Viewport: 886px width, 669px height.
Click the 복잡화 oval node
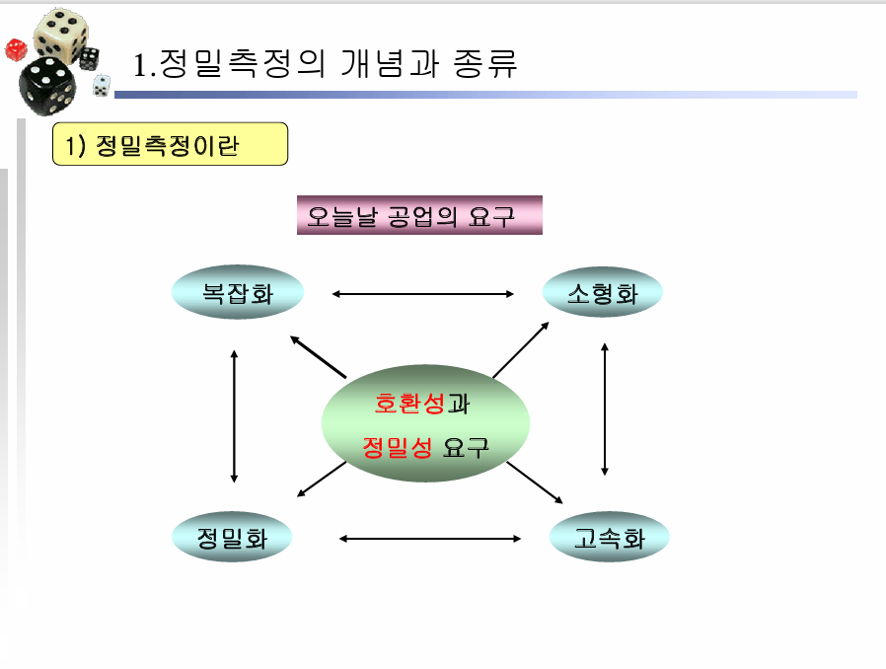tap(237, 293)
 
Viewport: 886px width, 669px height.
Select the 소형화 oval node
tap(602, 293)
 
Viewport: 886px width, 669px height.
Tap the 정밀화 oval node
tap(233, 538)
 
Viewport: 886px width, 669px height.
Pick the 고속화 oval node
tap(609, 538)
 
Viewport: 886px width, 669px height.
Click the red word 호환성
tap(409, 404)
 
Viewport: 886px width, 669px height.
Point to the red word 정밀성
tap(398, 447)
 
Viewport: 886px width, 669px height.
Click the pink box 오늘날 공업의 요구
tap(419, 215)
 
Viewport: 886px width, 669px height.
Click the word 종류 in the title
tap(486, 64)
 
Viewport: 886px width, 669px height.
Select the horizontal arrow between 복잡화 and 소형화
tap(424, 293)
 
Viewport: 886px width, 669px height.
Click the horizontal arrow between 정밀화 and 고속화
tap(429, 538)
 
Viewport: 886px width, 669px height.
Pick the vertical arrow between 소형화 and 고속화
tap(605, 409)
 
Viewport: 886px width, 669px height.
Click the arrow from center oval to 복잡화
tap(318, 357)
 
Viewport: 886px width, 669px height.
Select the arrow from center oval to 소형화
tap(521, 349)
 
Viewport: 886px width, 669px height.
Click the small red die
tap(16, 49)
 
